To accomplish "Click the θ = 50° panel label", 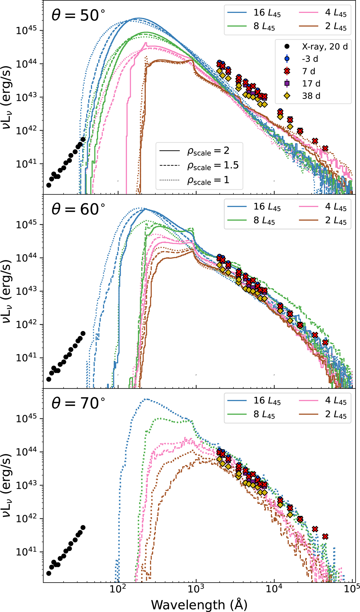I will point(78,15).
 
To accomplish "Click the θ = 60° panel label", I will point(78,209).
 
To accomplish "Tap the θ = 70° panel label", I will point(78,403).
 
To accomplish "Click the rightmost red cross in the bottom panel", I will point(325,536).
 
